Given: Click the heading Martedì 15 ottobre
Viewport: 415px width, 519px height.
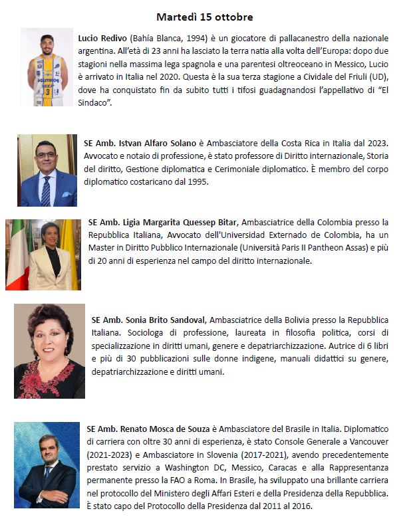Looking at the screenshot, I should coord(204,16).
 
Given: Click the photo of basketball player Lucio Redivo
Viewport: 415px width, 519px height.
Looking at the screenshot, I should coord(47,66).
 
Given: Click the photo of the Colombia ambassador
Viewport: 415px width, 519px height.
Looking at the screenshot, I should coord(43,255).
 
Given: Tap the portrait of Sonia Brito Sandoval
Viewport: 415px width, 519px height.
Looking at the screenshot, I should coord(49,351).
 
